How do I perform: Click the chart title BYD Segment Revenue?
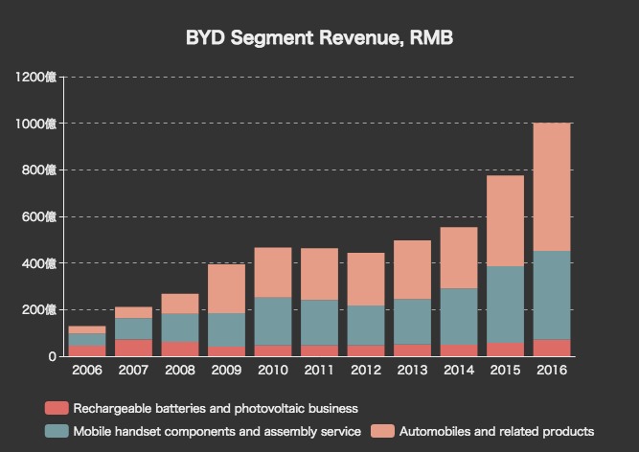(x=319, y=39)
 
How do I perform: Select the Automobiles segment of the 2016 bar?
(x=552, y=187)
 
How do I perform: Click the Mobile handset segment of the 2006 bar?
(x=86, y=339)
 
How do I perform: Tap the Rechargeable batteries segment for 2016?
(x=552, y=348)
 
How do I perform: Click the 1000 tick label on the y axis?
(x=36, y=124)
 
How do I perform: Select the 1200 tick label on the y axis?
(x=36, y=77)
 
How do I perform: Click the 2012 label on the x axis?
(x=366, y=369)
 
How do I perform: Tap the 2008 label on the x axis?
(x=179, y=369)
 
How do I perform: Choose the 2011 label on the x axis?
(x=319, y=369)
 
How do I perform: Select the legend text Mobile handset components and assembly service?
(x=217, y=431)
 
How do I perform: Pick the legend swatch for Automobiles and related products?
(x=381, y=431)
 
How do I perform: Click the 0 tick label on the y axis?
(x=52, y=356)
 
